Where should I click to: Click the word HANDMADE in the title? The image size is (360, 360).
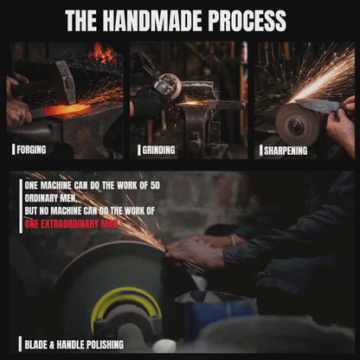pos(152,21)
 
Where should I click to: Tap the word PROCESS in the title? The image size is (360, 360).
pos(247,21)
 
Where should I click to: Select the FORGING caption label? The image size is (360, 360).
pos(31,150)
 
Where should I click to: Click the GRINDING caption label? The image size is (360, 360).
pos(158,150)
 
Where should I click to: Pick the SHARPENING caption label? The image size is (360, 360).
pos(286,151)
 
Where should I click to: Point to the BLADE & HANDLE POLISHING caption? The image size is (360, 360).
pos(74,344)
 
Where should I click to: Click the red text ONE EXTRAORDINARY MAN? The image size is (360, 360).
pos(71,224)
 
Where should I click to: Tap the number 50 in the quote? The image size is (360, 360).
pos(155,185)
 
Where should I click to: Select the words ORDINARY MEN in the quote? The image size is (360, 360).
pos(51,198)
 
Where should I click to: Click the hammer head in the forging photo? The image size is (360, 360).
pos(65,81)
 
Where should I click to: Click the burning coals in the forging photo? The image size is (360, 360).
pos(103,54)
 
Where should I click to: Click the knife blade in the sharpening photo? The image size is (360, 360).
pos(318,105)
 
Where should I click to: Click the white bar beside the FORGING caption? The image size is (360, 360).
pos(13,150)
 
